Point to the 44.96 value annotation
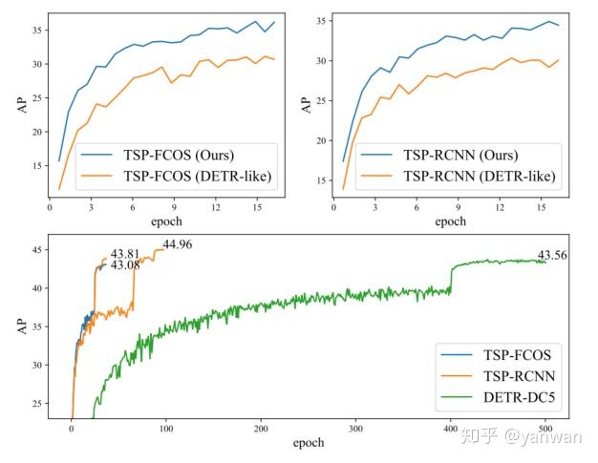178,244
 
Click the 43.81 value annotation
125,254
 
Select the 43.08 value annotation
125,265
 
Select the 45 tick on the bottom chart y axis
36,250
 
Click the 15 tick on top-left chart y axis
36,166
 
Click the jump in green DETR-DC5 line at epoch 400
451,277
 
